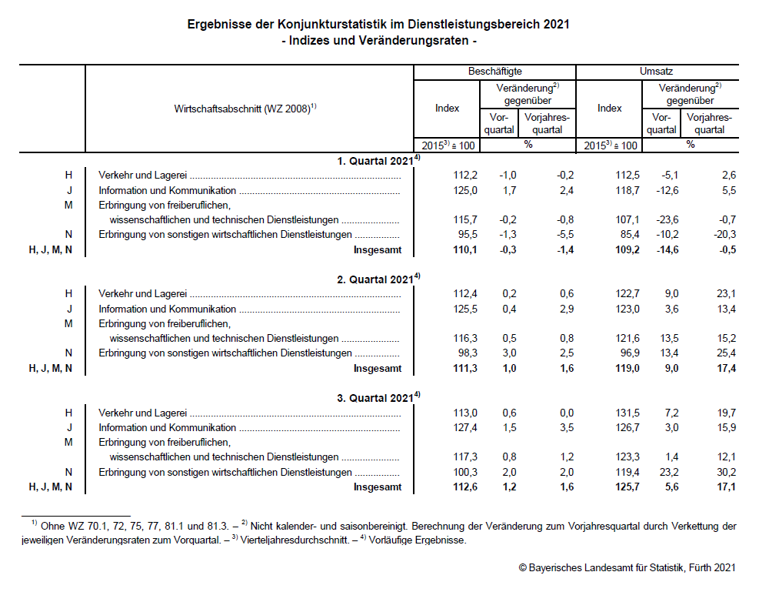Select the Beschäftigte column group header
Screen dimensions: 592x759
(x=494, y=71)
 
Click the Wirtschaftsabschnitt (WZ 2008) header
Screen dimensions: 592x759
(x=245, y=109)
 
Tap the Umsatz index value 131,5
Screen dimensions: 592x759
(x=624, y=413)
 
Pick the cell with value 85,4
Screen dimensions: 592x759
(x=626, y=234)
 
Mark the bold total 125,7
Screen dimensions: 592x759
(x=624, y=487)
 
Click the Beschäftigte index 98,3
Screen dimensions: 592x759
(x=464, y=353)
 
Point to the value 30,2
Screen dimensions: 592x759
(x=724, y=472)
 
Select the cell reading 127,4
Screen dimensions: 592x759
(x=464, y=427)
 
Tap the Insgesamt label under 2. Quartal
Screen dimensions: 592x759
(x=377, y=368)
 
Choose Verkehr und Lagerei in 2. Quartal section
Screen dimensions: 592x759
(x=142, y=293)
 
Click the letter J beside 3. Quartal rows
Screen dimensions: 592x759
(x=68, y=427)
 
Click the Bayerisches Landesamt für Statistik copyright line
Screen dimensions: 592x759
(x=628, y=568)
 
